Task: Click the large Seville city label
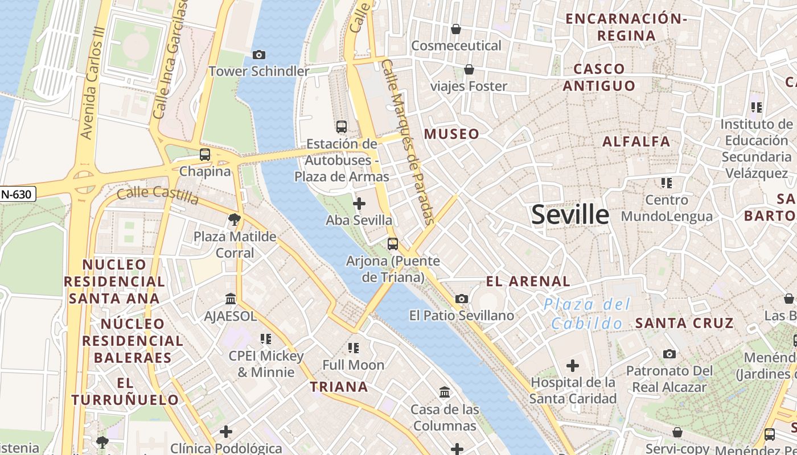coord(570,215)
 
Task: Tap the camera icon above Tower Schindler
coord(259,55)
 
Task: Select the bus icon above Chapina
coord(204,154)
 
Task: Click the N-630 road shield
coord(18,194)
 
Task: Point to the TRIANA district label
coord(339,387)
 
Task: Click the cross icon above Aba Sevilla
coord(359,203)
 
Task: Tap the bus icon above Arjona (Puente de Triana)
coord(393,244)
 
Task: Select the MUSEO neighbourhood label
coord(451,134)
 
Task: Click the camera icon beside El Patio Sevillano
coord(462,299)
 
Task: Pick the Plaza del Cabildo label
coord(587,314)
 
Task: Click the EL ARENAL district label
coord(528,281)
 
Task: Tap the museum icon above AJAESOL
coord(231,299)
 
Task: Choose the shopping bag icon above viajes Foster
coord(469,69)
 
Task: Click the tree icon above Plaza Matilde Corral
coord(234,220)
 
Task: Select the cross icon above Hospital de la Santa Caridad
coord(573,365)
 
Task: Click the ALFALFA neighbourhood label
coord(636,142)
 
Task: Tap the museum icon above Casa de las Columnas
coord(445,392)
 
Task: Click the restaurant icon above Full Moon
coord(354,348)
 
